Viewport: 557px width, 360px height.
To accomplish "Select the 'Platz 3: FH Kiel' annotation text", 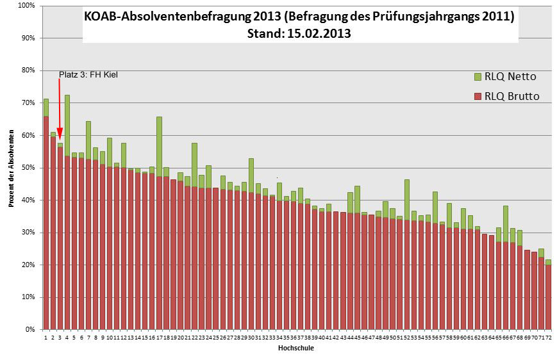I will coord(88,74).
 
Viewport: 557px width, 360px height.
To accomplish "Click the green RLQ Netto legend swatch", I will coord(477,77).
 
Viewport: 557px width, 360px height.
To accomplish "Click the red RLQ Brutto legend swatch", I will coord(477,97).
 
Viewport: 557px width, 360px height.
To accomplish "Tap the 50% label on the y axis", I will coord(28,168).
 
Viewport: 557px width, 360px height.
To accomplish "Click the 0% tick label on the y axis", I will coord(29,330).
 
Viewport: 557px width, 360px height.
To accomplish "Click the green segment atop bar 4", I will coord(67,125).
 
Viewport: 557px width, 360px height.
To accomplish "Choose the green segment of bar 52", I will coord(407,200).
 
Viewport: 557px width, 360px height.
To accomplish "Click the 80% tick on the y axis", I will coord(28,70).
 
